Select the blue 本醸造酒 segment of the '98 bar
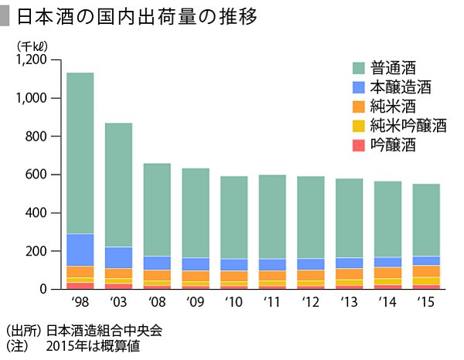(81, 250)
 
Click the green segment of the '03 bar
(119, 185)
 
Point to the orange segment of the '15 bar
(425, 270)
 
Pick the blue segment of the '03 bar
(119, 257)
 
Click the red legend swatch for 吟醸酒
(358, 144)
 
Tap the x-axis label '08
(157, 301)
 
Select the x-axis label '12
(311, 301)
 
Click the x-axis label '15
(425, 301)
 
